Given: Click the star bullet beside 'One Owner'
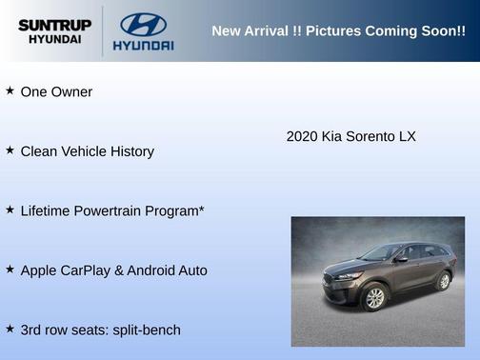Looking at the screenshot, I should point(10,90).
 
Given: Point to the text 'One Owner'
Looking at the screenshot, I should point(56,92).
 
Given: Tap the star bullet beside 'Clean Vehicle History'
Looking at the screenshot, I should point(10,150).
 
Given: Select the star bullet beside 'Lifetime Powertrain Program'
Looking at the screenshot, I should point(10,209).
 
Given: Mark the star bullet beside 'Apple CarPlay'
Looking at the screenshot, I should point(10,269).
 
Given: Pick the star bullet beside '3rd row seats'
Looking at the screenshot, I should point(10,328).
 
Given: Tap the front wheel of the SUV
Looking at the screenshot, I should point(375,298).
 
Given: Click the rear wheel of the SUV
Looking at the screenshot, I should point(443,281).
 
